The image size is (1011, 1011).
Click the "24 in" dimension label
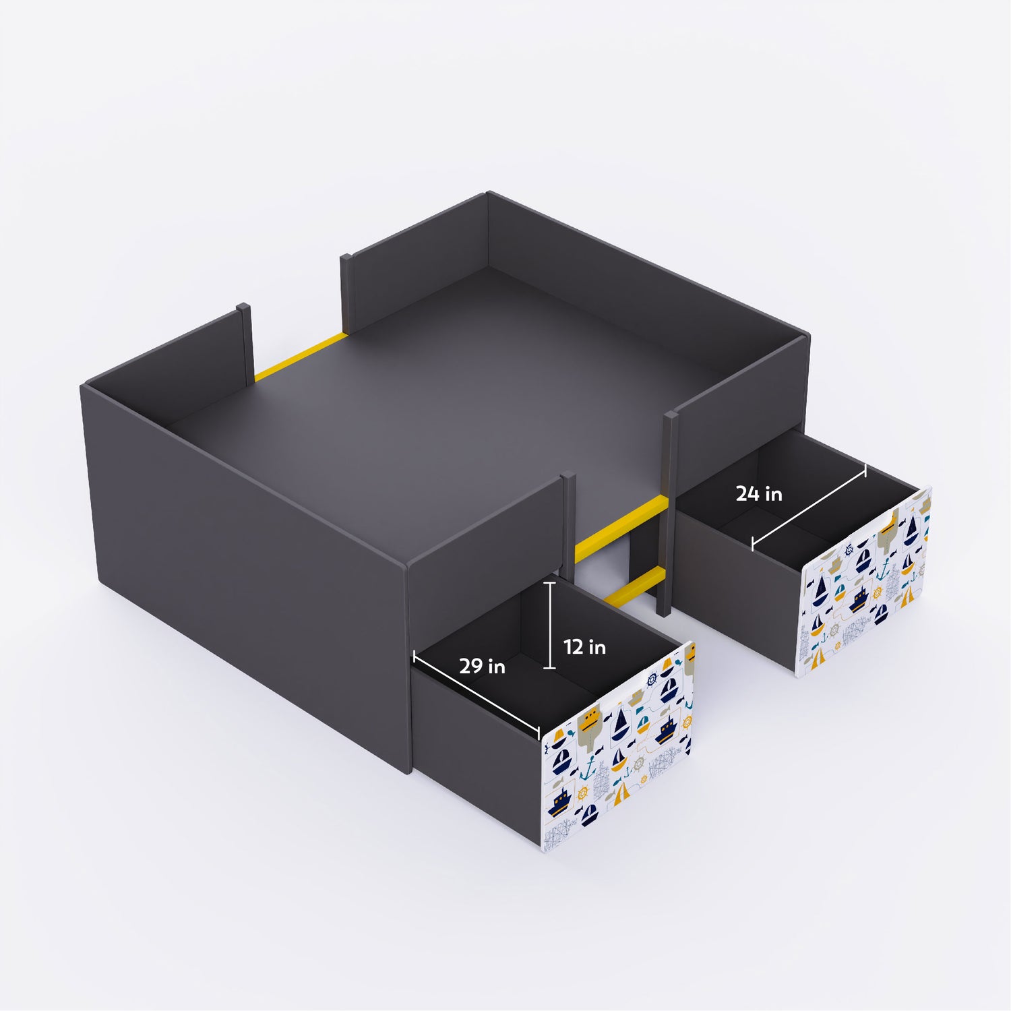pyautogui.click(x=759, y=494)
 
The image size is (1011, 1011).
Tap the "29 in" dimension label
pyautogui.click(x=482, y=667)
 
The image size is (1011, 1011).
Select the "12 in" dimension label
pyautogui.click(x=584, y=647)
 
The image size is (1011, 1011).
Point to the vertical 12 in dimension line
pyautogui.click(x=550, y=625)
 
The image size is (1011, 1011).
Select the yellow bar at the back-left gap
pyautogui.click(x=300, y=357)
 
